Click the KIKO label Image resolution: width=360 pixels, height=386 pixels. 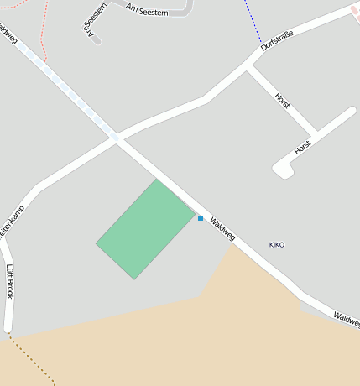click(x=277, y=245)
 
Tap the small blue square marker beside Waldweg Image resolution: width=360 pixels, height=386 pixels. click(x=201, y=218)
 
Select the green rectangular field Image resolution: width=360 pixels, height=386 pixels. click(x=146, y=228)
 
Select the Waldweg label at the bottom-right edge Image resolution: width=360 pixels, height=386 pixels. click(x=346, y=319)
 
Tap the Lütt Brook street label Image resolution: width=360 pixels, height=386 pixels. click(x=10, y=282)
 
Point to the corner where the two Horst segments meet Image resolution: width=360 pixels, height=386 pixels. click(x=316, y=133)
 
